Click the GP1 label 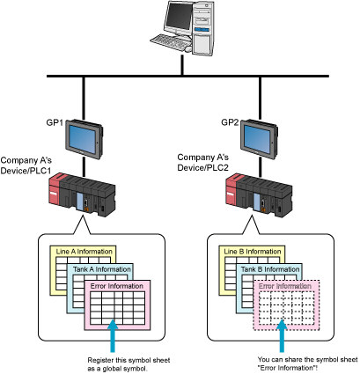coord(55,122)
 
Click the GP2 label coord(230,122)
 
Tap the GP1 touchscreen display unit coord(84,139)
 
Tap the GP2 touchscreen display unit coord(259,139)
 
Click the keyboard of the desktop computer coord(170,43)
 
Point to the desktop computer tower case coord(203,28)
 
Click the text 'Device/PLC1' coord(26,171)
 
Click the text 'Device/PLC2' coord(202,168)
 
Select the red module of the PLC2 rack coord(231,191)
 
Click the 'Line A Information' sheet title coord(84,252)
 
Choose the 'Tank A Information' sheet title coord(101,269)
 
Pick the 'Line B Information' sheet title coord(253,252)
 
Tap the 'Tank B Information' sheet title coord(270,269)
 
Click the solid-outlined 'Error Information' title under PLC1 coord(117,286)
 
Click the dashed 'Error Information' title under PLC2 coord(285,286)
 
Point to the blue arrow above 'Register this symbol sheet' coord(113,336)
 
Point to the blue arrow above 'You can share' coord(282,336)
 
